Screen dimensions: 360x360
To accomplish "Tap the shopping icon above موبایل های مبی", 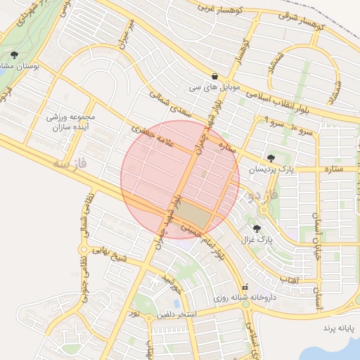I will [x=214, y=77].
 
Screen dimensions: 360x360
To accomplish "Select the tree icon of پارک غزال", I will [x=257, y=228].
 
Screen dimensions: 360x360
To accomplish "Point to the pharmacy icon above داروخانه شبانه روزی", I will [x=245, y=287].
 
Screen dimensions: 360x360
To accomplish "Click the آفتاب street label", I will [x=290, y=281].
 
